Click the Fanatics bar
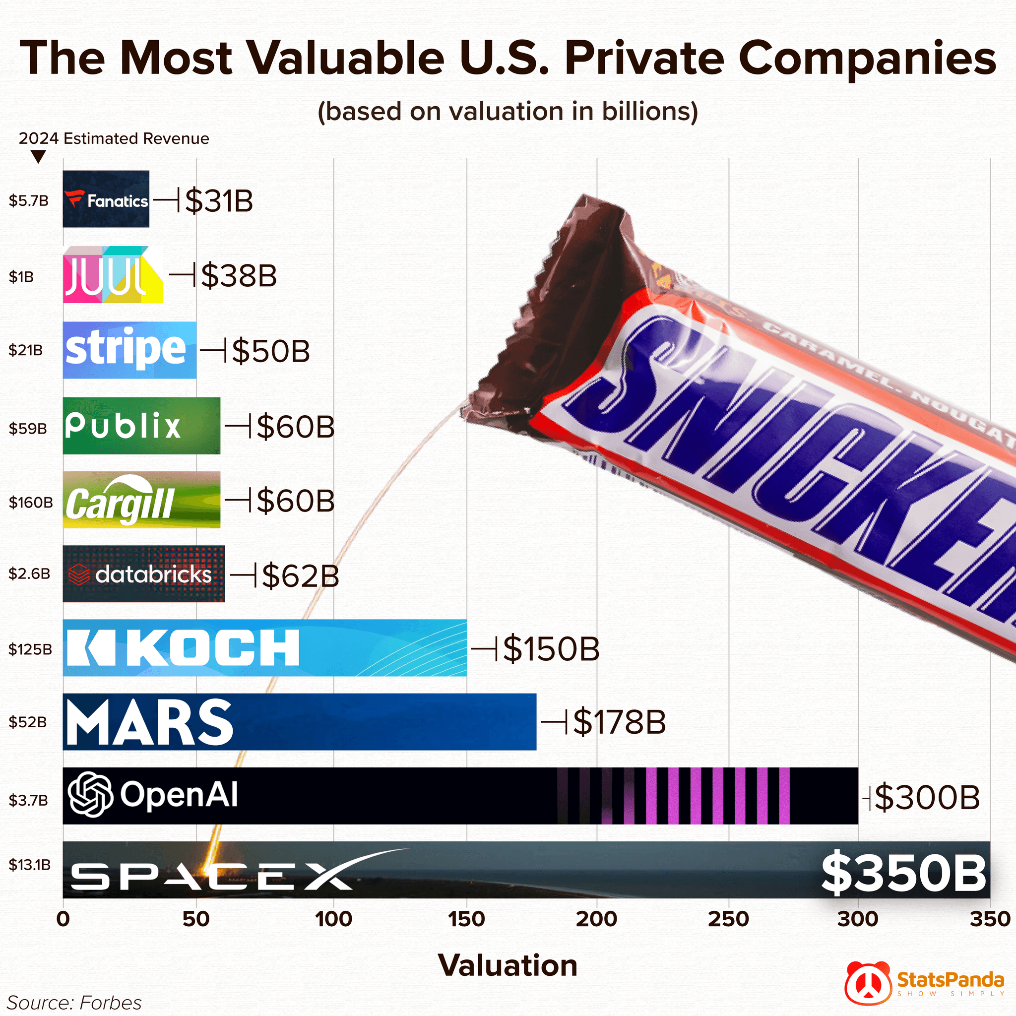tap(106, 199)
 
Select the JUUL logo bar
tap(113, 275)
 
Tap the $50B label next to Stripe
tap(270, 351)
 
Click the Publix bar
tap(141, 426)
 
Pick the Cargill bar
tap(141, 500)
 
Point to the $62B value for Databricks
tap(300, 575)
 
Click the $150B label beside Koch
tap(551, 649)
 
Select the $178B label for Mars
tap(619, 722)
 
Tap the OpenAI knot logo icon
tap(90, 794)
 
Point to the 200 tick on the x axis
tap(596, 919)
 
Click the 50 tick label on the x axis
tap(196, 919)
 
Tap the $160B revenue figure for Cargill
tap(30, 502)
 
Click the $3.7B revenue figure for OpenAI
tap(28, 800)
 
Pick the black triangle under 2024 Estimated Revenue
tap(38, 157)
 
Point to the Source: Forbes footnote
tap(74, 1002)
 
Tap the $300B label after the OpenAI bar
tap(927, 798)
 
